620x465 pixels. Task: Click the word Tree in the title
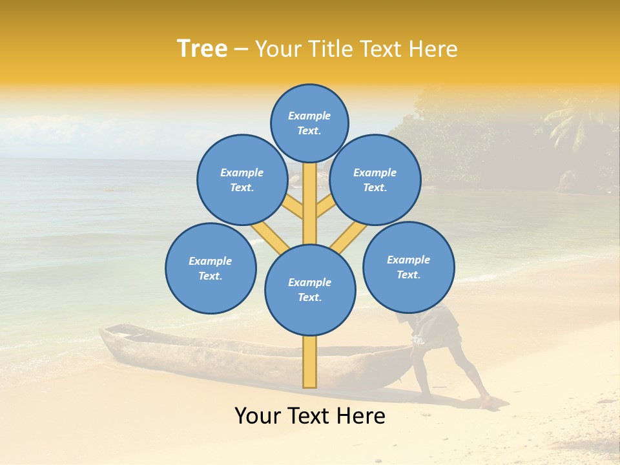pos(202,49)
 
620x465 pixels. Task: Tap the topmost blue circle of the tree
pos(309,123)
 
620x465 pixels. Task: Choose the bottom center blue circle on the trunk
pos(310,290)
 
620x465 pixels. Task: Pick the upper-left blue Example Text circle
pos(242,180)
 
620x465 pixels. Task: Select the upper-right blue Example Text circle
pos(375,180)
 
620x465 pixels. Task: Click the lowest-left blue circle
pos(211,268)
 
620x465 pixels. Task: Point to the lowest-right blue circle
pos(409,267)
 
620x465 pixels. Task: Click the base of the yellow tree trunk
pos(310,378)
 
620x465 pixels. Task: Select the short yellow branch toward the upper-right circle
pos(325,207)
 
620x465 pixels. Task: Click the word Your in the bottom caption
pos(258,416)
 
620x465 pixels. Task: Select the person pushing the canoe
pos(446,349)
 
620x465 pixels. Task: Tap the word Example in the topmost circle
pos(309,116)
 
